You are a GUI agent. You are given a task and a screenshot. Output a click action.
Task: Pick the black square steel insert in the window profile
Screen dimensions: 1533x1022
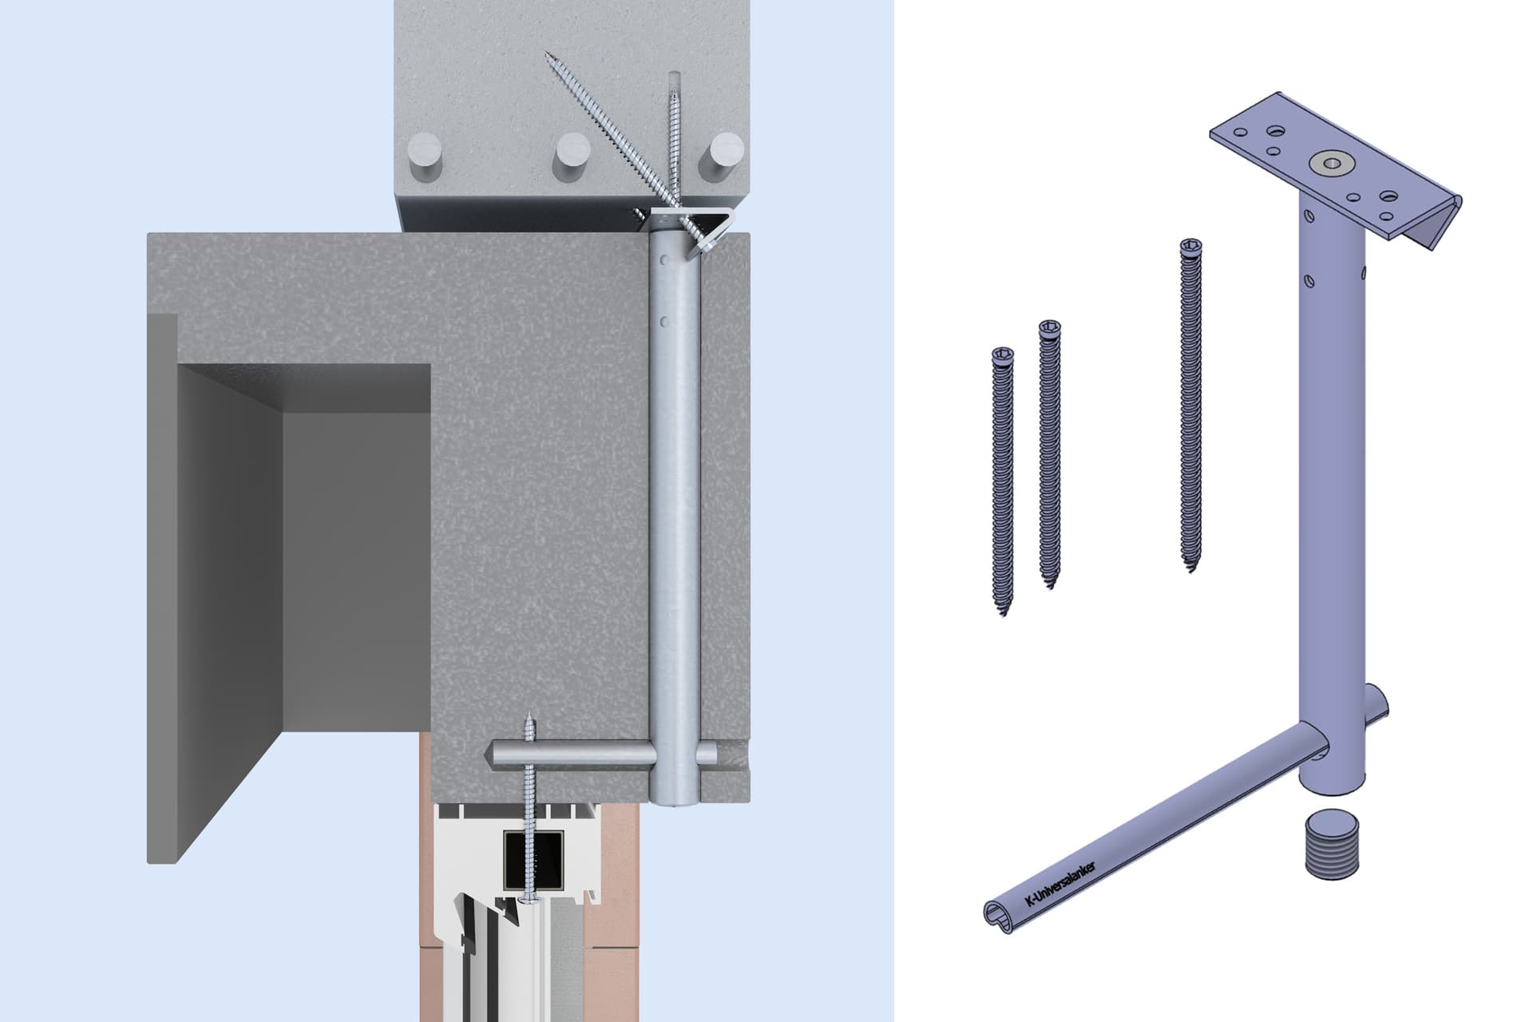pyautogui.click(x=533, y=859)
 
